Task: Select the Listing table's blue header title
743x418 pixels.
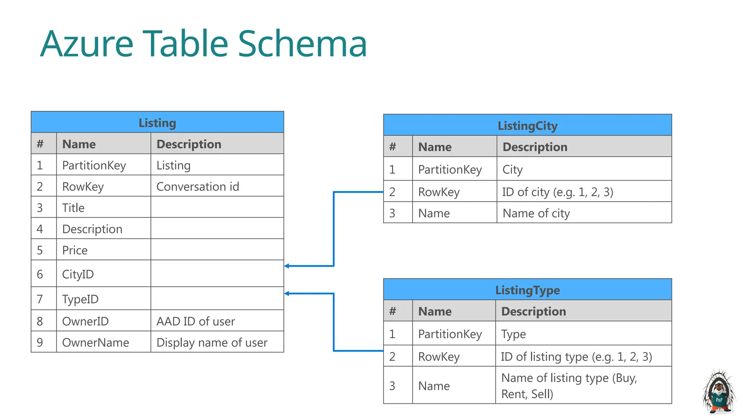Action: [157, 123]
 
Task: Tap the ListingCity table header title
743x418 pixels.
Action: [527, 126]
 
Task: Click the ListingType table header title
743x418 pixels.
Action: [527, 290]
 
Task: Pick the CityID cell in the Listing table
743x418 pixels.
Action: [78, 274]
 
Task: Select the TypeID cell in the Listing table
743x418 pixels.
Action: [80, 299]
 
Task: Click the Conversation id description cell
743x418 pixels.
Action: [198, 187]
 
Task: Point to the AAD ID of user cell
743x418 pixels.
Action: [196, 321]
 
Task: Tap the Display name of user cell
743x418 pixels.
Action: [212, 342]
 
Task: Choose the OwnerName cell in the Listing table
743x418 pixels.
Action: [95, 342]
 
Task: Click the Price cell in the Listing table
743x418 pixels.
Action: [75, 250]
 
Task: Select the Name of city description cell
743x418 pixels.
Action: [536, 213]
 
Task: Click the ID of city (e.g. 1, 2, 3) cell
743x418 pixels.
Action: [558, 192]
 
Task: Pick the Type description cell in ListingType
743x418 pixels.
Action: [513, 334]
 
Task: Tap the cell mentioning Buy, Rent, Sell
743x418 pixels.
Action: [568, 386]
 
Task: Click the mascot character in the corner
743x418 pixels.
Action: [719, 393]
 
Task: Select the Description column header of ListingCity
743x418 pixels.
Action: [535, 147]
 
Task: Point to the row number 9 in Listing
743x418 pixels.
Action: [40, 342]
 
